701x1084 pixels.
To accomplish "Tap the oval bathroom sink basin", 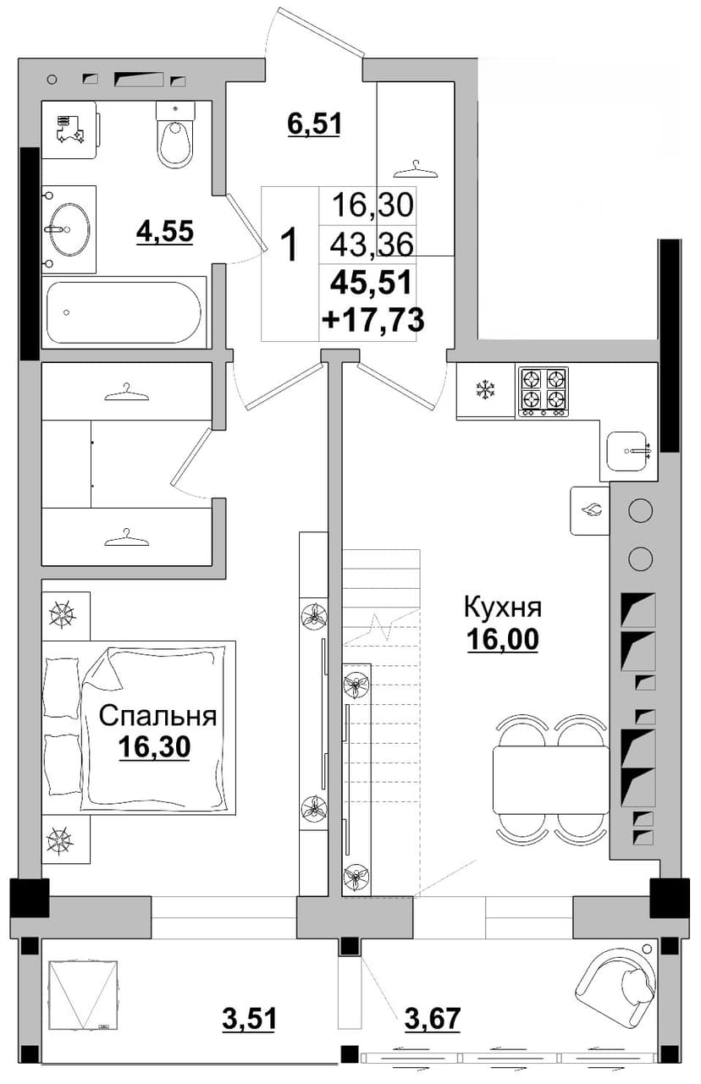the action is [70, 228].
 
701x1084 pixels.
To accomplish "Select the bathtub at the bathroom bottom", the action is [124, 312].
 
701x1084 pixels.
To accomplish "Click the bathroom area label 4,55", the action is [165, 231].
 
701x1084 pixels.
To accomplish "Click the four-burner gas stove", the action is [544, 392].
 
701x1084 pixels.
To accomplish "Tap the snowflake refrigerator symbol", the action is [484, 391].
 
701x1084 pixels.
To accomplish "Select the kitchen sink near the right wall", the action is [627, 451].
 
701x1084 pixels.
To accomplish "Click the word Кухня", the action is [503, 608].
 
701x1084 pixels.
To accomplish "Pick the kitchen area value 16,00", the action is [503, 639].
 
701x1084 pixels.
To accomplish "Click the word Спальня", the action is [157, 716].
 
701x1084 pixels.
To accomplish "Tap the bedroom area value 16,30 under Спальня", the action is [154, 748].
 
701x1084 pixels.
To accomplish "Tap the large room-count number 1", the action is [290, 245].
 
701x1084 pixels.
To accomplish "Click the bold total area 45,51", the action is [371, 283].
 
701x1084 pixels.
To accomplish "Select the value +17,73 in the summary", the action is [373, 320].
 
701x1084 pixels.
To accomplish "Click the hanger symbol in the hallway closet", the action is [416, 170].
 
